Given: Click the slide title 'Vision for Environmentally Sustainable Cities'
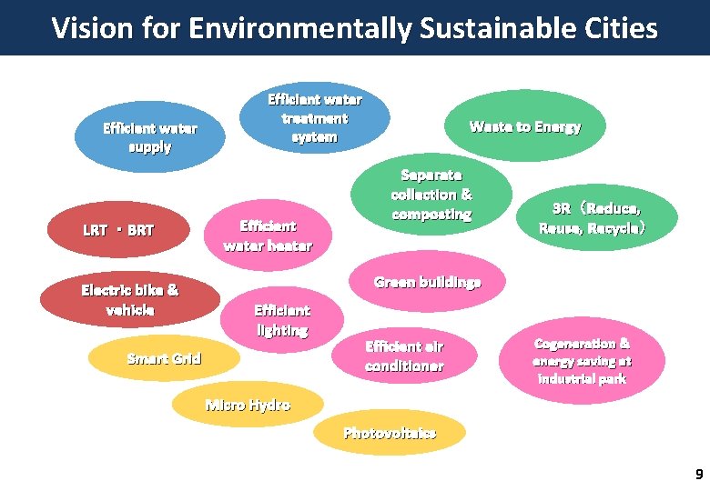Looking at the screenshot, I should tap(354, 28).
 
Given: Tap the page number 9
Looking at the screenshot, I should tap(698, 474).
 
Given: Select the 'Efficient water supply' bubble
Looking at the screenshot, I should tap(149, 137).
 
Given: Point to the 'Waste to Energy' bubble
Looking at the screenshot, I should tap(524, 127).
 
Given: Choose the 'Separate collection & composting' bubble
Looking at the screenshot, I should tap(431, 195).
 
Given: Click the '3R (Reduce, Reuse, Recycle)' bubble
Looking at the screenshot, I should tap(594, 218).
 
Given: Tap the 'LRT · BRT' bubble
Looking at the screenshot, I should tap(119, 230).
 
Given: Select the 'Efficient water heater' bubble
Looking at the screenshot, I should tap(267, 235).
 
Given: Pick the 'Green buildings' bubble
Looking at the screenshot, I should tap(427, 282).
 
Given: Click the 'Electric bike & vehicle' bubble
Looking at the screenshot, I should tap(130, 300).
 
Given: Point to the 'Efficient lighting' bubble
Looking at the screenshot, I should tap(282, 320).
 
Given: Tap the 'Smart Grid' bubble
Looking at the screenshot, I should tap(164, 358).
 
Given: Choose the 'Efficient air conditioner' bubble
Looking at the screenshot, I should tap(404, 356).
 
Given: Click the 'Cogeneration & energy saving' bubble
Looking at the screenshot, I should tap(582, 360).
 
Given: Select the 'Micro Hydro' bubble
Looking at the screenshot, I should tap(248, 405).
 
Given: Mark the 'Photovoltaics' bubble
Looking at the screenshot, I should tap(390, 433).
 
